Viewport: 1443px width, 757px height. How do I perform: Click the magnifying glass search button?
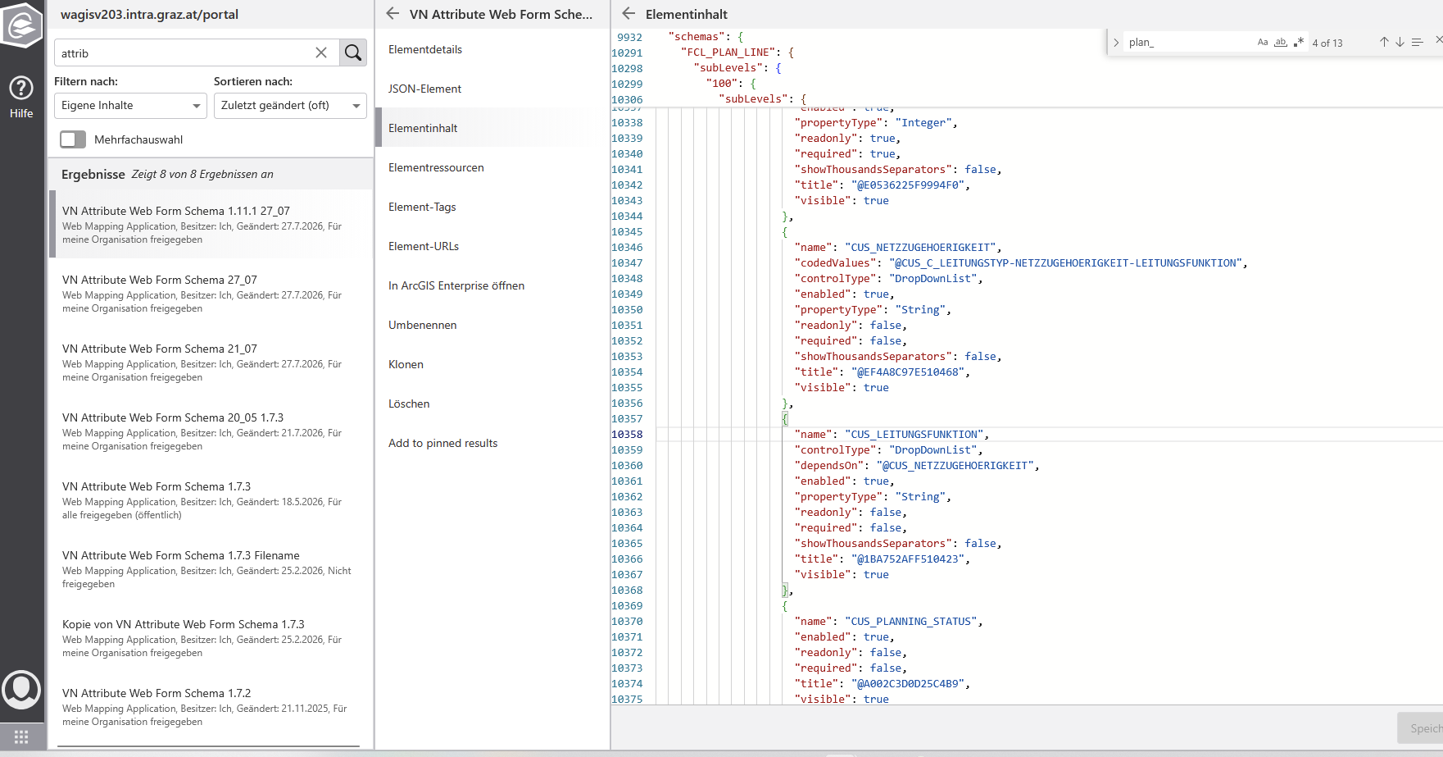(x=353, y=52)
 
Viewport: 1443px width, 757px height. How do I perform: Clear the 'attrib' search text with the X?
(x=321, y=52)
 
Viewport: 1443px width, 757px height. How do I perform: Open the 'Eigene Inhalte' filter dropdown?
(x=130, y=105)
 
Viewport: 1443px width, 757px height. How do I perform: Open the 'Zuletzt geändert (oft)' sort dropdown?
(x=290, y=105)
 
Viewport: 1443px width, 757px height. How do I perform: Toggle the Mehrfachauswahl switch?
(x=73, y=139)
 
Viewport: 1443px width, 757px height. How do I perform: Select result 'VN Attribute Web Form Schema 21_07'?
(x=160, y=349)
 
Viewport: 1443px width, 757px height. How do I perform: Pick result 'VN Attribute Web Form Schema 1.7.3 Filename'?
(x=181, y=555)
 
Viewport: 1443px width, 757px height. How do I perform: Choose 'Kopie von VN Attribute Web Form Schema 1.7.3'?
(x=184, y=624)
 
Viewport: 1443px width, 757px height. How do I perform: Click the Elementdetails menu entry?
(x=425, y=49)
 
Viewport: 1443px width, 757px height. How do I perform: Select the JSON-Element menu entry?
(x=424, y=89)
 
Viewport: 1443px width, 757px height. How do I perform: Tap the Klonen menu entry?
(x=406, y=364)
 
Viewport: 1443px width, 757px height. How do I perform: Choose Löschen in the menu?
(x=409, y=404)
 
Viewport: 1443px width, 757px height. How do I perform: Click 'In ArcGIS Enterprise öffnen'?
(x=456, y=285)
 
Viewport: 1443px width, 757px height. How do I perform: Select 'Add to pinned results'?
(x=443, y=443)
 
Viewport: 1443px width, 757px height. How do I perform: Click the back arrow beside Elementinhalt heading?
(x=628, y=13)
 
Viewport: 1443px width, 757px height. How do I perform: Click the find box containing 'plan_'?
(x=1188, y=43)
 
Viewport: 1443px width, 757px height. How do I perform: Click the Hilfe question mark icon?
(x=21, y=88)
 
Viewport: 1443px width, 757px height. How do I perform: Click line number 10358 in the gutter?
(x=627, y=435)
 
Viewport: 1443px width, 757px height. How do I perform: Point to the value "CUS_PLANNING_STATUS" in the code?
(x=914, y=622)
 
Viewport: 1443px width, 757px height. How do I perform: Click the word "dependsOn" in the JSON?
(x=828, y=466)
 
